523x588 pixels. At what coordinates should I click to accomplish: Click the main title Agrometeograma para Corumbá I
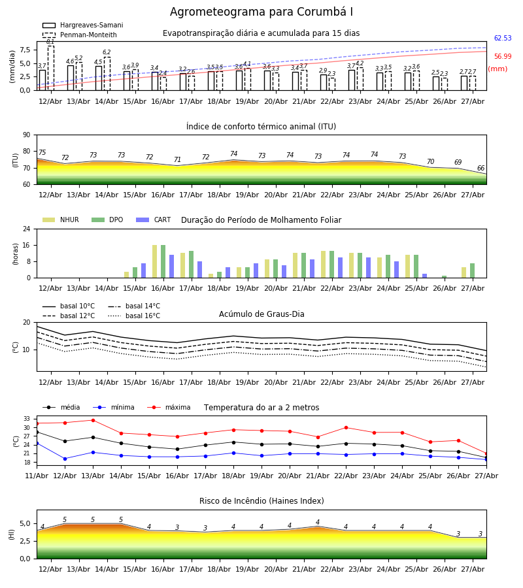pyautogui.click(x=261, y=12)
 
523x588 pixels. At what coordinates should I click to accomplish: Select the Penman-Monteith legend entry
pyautogui.click(x=80, y=35)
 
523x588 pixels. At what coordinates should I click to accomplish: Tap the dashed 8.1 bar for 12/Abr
pyautogui.click(x=50, y=68)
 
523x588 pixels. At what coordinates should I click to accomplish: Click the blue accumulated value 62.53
pyautogui.click(x=503, y=39)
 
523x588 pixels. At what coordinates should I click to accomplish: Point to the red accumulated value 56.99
pyautogui.click(x=503, y=57)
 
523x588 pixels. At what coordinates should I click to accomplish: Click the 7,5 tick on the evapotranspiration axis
pyautogui.click(x=25, y=50)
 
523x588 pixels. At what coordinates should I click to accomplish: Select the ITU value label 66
pyautogui.click(x=481, y=169)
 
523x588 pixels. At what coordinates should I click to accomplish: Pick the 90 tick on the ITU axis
pyautogui.click(x=27, y=135)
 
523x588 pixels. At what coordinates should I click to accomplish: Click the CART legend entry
pyautogui.click(x=154, y=220)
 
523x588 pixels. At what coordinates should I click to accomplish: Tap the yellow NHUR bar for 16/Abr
pyautogui.click(x=154, y=261)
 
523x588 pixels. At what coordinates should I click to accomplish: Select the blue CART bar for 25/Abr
pyautogui.click(x=425, y=276)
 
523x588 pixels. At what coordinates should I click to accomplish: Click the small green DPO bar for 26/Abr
pyautogui.click(x=444, y=277)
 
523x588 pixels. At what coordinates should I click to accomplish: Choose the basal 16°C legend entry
pyautogui.click(x=134, y=316)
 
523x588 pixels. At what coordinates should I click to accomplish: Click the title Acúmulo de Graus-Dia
pyautogui.click(x=261, y=314)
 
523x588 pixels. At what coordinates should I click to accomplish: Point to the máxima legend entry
pyautogui.click(x=169, y=407)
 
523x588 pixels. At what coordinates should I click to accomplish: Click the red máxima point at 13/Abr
pyautogui.click(x=93, y=420)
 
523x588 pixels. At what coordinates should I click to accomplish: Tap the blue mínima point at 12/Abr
pyautogui.click(x=65, y=459)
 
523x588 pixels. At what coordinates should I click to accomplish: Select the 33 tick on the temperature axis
pyautogui.click(x=27, y=419)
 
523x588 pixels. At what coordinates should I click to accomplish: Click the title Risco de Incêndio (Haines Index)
pyautogui.click(x=261, y=501)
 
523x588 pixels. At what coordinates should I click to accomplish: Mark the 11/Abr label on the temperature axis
pyautogui.click(x=37, y=476)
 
